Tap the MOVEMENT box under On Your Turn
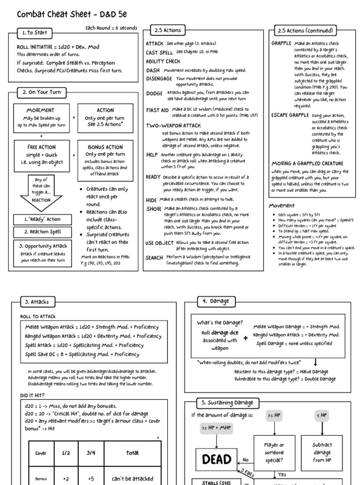pyautogui.click(x=41, y=118)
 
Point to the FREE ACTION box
pyautogui.click(x=41, y=154)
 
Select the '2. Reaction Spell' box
pyautogui.click(x=43, y=232)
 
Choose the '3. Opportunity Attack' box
pyautogui.click(x=43, y=251)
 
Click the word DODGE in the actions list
pyautogui.click(x=155, y=94)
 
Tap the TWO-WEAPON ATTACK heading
pyautogui.click(x=173, y=126)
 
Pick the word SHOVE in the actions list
pyautogui.click(x=154, y=208)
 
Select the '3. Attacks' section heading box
pyautogui.click(x=36, y=301)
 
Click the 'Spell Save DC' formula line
pyautogui.click(x=82, y=354)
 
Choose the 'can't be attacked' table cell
pyautogui.click(x=132, y=478)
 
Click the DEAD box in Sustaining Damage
pyautogui.click(x=217, y=459)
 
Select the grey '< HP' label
pyautogui.click(x=322, y=415)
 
